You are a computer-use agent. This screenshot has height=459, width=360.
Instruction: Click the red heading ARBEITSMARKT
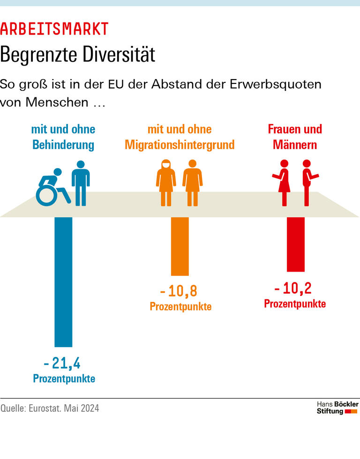tap(54, 29)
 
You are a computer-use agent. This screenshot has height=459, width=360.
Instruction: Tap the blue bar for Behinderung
tap(64, 281)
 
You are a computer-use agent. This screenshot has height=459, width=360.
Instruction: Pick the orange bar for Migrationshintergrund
tap(180, 246)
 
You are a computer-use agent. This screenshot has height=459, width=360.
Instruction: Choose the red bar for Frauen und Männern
tap(295, 244)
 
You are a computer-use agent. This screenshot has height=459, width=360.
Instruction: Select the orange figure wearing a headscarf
tap(166, 183)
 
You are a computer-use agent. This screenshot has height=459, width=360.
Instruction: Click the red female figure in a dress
tap(283, 183)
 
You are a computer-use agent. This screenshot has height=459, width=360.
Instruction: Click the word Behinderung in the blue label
tap(63, 145)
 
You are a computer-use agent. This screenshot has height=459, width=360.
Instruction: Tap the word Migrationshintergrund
tap(180, 145)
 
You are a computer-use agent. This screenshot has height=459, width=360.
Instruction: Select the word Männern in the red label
tap(295, 145)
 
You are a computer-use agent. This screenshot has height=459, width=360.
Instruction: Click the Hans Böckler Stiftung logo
tap(337, 408)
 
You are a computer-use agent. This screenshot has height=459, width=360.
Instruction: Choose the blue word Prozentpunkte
tap(64, 378)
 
